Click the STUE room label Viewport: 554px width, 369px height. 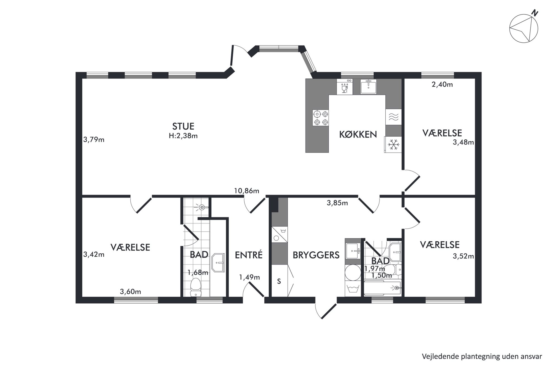[183, 127]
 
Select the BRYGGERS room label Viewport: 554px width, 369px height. [316, 255]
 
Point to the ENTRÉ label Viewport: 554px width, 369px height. [249, 255]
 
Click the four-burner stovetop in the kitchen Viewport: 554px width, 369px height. [321, 118]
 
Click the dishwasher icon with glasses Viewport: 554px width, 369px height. [345, 87]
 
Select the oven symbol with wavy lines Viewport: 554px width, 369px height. [393, 117]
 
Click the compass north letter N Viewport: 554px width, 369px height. [534, 13]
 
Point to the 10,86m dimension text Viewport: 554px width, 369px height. [247, 191]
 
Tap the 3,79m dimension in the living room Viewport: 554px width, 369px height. [94, 139]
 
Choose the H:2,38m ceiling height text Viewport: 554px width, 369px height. [183, 136]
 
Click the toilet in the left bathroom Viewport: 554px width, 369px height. [195, 287]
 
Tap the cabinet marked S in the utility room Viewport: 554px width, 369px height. [279, 281]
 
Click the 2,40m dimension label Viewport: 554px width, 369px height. [442, 84]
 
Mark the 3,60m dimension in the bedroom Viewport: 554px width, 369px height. [130, 292]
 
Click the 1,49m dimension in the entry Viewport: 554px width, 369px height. [249, 277]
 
